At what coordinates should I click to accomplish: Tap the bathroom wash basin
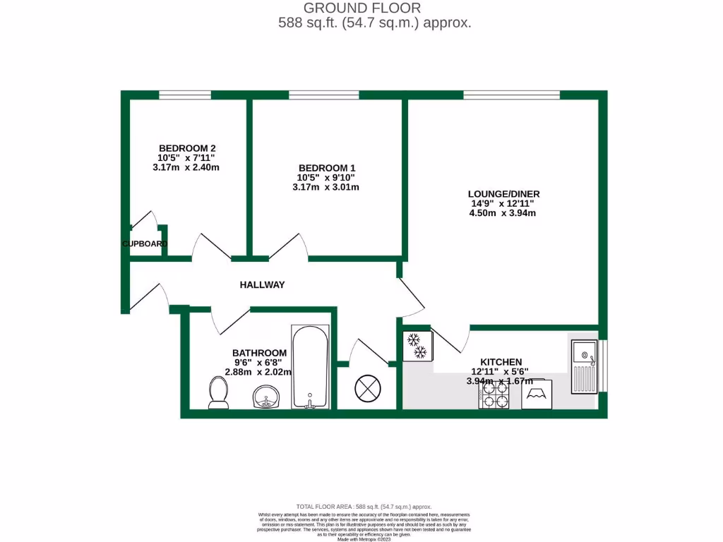click(x=265, y=398)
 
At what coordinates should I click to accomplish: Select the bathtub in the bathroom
click(x=310, y=367)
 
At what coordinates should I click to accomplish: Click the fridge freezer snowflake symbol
click(x=417, y=346)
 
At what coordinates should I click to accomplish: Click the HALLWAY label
click(x=262, y=285)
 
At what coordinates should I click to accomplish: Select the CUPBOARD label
click(x=145, y=244)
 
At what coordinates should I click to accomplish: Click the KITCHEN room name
click(x=501, y=361)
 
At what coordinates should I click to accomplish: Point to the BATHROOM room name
click(x=259, y=353)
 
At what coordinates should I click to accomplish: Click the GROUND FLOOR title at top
click(x=362, y=8)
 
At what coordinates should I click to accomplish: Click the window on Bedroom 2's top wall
click(x=185, y=95)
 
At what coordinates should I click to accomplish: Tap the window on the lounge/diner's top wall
click(x=511, y=95)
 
